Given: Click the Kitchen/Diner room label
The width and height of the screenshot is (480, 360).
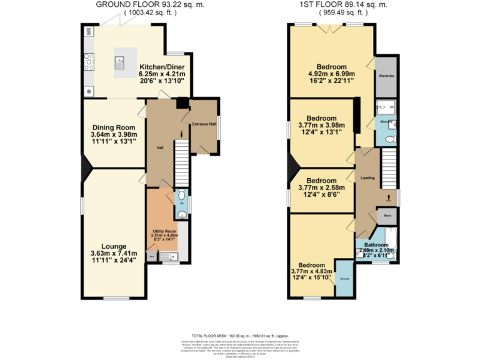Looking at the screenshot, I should [x=161, y=67].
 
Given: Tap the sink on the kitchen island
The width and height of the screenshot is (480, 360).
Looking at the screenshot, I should [x=119, y=61].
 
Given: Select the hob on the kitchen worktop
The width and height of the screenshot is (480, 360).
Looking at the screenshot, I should [x=89, y=61].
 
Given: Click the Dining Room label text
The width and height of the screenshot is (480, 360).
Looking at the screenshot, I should [x=114, y=127].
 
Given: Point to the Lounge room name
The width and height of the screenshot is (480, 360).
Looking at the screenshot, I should [x=113, y=246].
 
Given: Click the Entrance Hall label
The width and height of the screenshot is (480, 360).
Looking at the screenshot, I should [x=204, y=124].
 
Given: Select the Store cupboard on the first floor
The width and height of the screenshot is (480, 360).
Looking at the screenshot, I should [x=386, y=216].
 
